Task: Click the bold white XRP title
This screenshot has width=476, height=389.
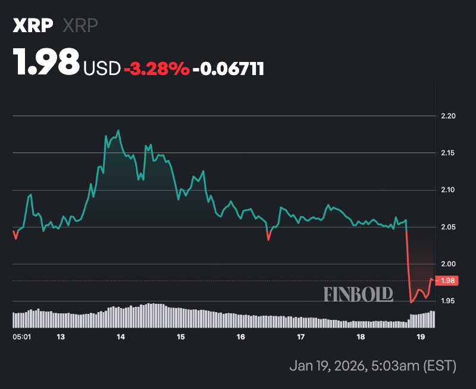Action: coord(33,26)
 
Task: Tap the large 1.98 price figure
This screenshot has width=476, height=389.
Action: coord(46,63)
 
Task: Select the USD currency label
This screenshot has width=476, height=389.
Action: coord(102,69)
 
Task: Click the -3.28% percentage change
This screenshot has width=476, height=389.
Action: coord(156,69)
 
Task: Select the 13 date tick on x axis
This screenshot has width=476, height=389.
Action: coord(60,337)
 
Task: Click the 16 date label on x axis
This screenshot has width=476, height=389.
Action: coord(240,337)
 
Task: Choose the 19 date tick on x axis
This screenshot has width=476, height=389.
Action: coord(421,337)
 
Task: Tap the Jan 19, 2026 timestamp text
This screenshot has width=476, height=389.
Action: coord(372,365)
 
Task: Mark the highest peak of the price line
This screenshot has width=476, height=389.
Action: coord(119,130)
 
